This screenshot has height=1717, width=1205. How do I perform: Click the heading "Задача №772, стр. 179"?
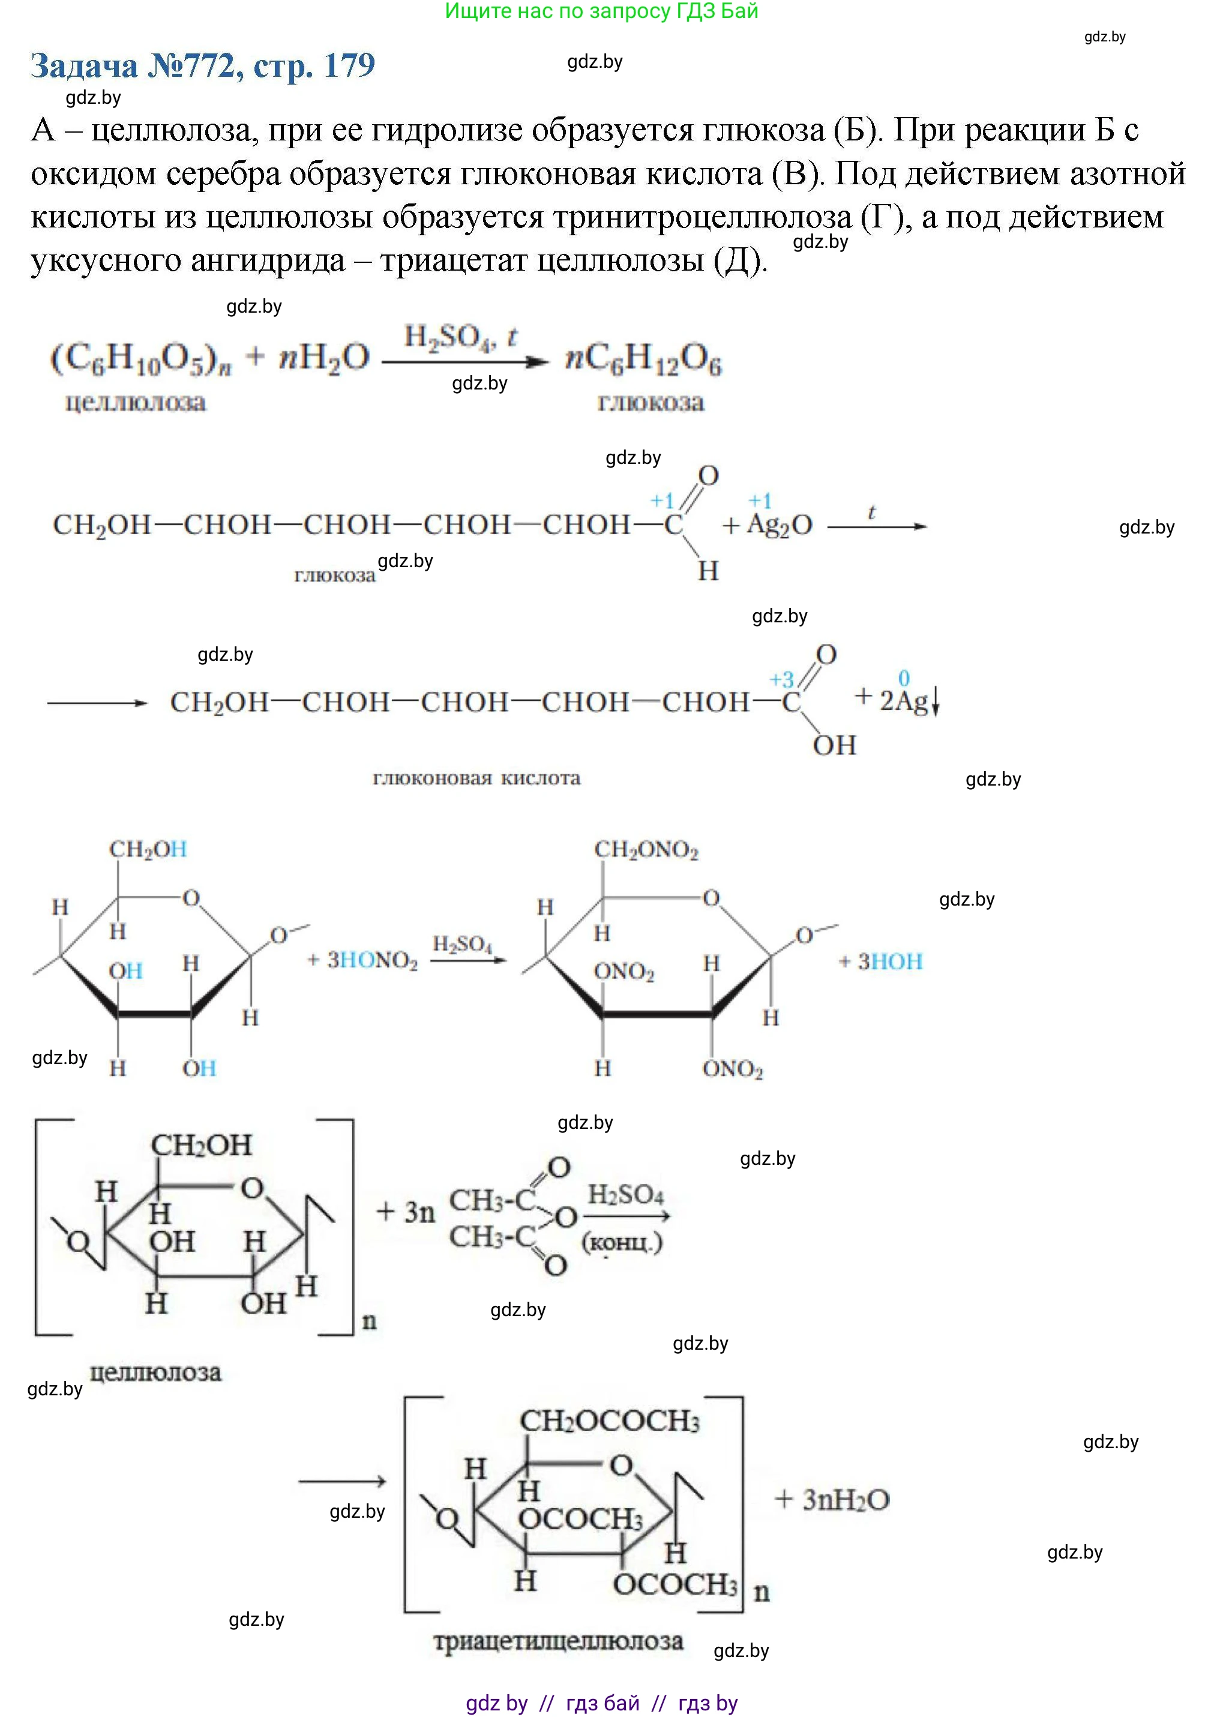(203, 66)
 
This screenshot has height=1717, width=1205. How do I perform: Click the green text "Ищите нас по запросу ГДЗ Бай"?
(601, 11)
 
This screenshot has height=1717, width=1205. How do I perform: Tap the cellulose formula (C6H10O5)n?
(140, 359)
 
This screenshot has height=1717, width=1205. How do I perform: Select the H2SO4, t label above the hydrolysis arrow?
(460, 337)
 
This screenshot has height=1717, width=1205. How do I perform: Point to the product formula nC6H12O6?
(643, 359)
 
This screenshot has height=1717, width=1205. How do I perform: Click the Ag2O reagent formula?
(779, 526)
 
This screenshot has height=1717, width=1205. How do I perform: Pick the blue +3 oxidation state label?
(782, 680)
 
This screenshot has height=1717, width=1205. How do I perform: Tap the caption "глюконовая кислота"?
(476, 778)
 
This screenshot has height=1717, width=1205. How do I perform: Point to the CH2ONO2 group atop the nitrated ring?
(646, 850)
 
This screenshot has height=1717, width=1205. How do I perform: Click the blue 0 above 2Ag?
(904, 678)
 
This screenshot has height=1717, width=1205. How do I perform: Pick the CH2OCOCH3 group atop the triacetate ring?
(610, 1421)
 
